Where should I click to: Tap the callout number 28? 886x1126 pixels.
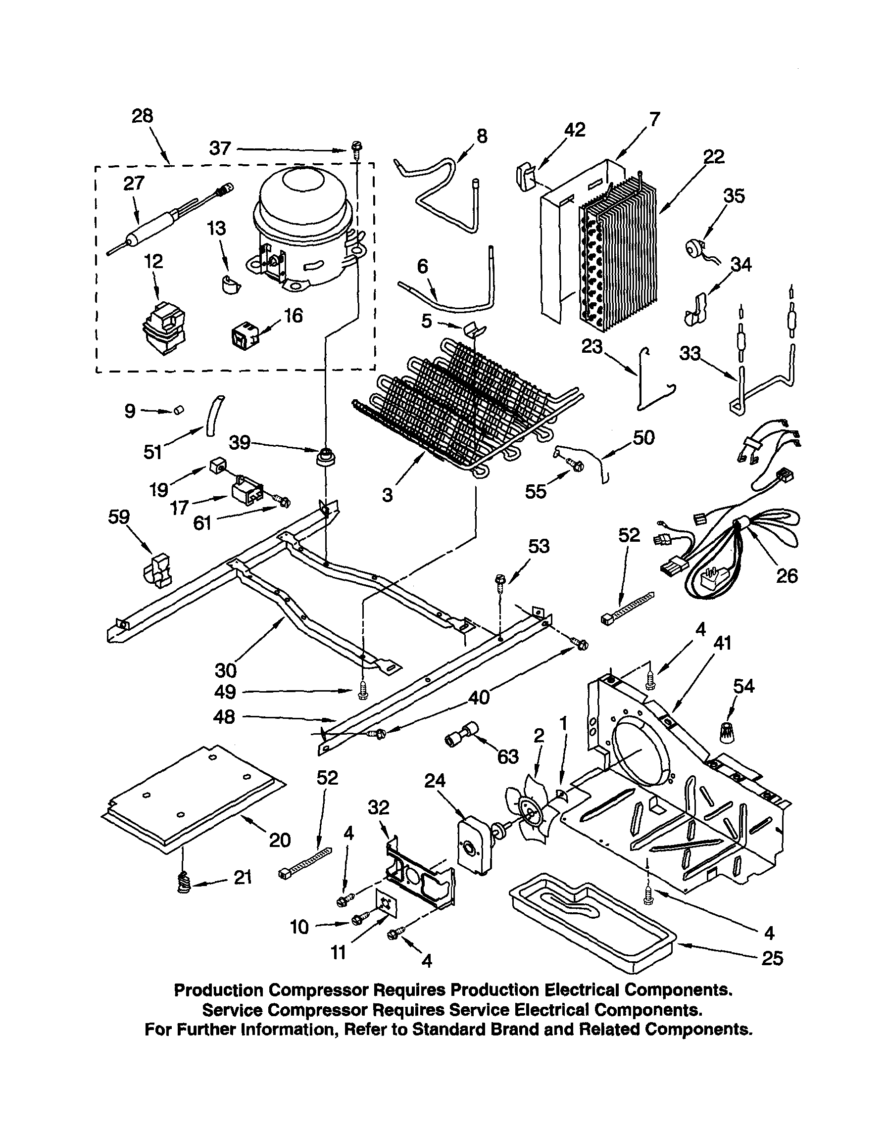click(x=142, y=116)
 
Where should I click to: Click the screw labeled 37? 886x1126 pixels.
click(x=357, y=149)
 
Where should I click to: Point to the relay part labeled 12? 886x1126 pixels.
click(x=163, y=328)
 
